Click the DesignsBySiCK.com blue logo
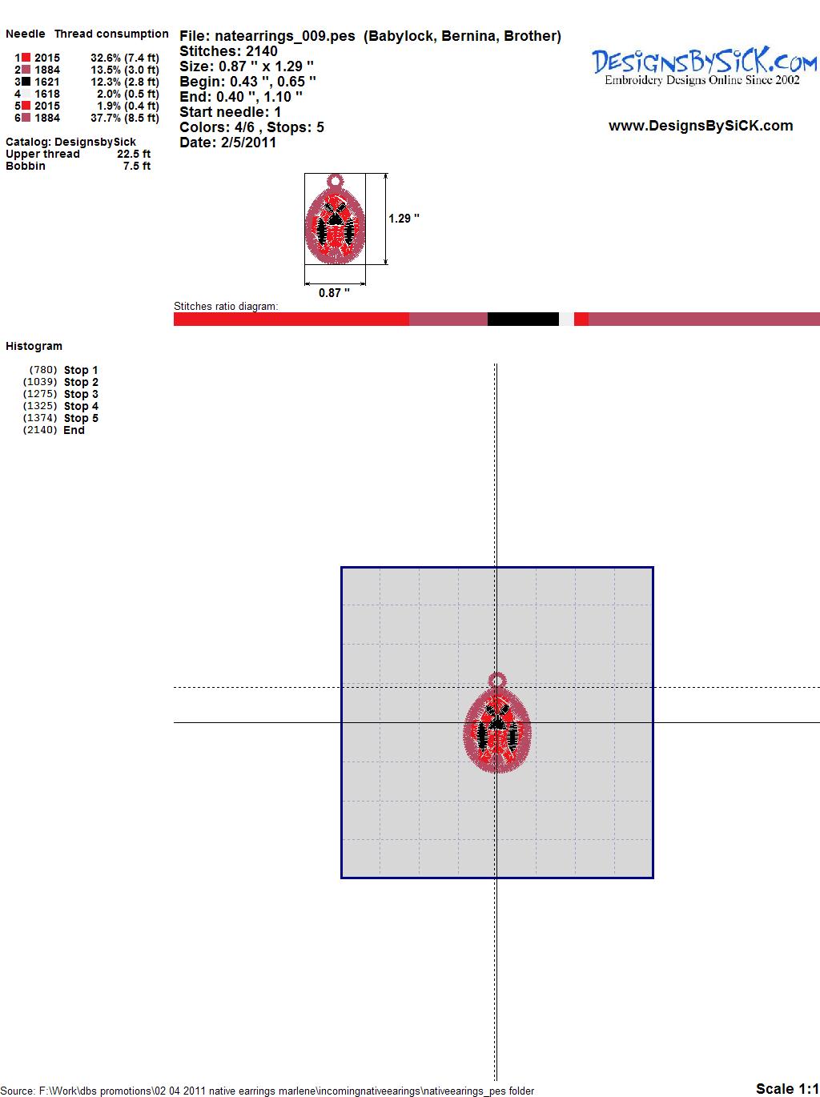click(x=704, y=66)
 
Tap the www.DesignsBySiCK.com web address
click(x=701, y=126)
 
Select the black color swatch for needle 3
click(x=26, y=82)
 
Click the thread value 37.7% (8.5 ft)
click(x=124, y=118)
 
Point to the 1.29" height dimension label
click(x=404, y=219)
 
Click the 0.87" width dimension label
click(x=334, y=293)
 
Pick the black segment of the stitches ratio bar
click(x=523, y=319)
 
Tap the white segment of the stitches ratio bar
click(x=566, y=319)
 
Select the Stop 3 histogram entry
click(x=61, y=394)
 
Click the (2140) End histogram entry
click(x=54, y=430)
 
